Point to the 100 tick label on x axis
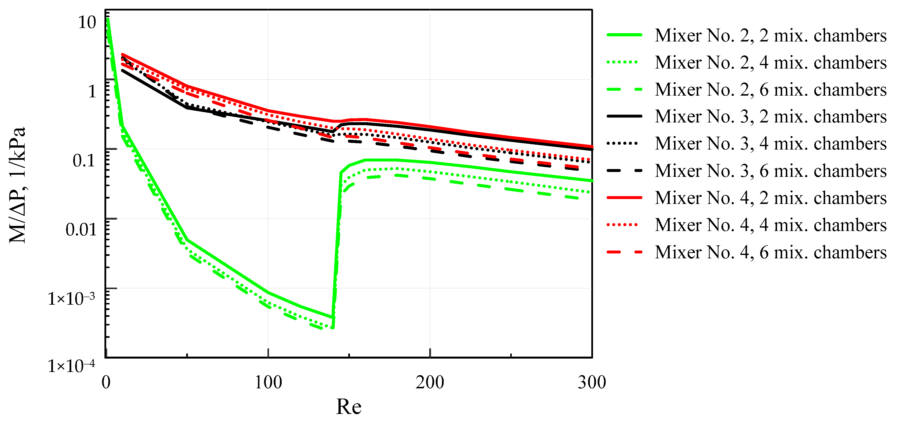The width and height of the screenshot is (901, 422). tap(268, 382)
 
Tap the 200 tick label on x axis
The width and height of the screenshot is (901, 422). tap(430, 382)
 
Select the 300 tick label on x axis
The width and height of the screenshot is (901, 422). tap(592, 382)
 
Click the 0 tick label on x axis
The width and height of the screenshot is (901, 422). tap(106, 382)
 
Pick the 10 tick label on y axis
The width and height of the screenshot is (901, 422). tap(87, 22)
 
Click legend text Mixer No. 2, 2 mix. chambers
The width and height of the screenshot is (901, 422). tap(770, 35)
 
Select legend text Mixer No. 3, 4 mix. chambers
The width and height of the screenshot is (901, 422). tap(770, 143)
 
